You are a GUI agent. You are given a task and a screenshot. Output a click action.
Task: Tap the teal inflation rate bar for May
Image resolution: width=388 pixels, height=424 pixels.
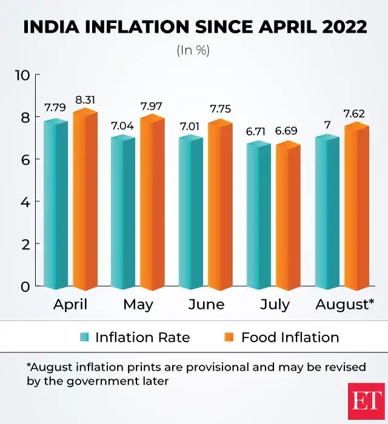point(123,212)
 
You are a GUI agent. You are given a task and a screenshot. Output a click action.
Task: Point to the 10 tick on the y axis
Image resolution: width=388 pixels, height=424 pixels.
point(22,75)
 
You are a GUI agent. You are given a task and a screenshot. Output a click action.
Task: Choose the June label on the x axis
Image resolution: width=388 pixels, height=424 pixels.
point(206,304)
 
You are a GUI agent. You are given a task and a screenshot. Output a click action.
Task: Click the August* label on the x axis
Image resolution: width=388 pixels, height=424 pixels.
point(344,304)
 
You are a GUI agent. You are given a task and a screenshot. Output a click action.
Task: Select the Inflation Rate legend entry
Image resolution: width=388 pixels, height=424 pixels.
point(142,337)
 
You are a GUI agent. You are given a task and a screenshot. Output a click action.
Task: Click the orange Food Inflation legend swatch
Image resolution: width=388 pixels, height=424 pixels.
point(230,337)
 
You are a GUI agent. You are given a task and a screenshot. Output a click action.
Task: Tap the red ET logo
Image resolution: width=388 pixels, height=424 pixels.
point(366,402)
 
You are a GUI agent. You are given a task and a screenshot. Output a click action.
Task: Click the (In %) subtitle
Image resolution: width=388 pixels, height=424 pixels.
point(193,51)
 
